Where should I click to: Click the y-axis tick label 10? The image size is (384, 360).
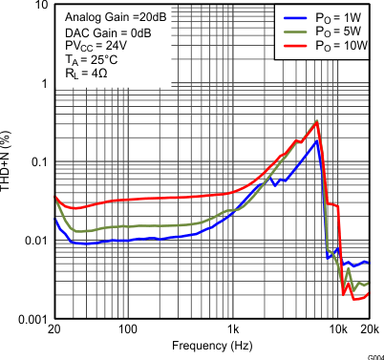tap(38, 6)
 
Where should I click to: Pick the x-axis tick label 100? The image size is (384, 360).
tap(127, 330)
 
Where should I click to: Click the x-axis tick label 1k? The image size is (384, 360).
tap(232, 330)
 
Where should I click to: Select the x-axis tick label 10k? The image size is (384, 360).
tap(337, 330)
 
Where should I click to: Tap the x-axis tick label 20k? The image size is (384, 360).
tap(368, 330)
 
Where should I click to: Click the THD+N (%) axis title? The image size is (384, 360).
tap(8, 161)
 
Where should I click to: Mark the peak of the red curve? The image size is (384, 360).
tap(316, 121)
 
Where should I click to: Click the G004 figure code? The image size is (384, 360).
tap(373, 354)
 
